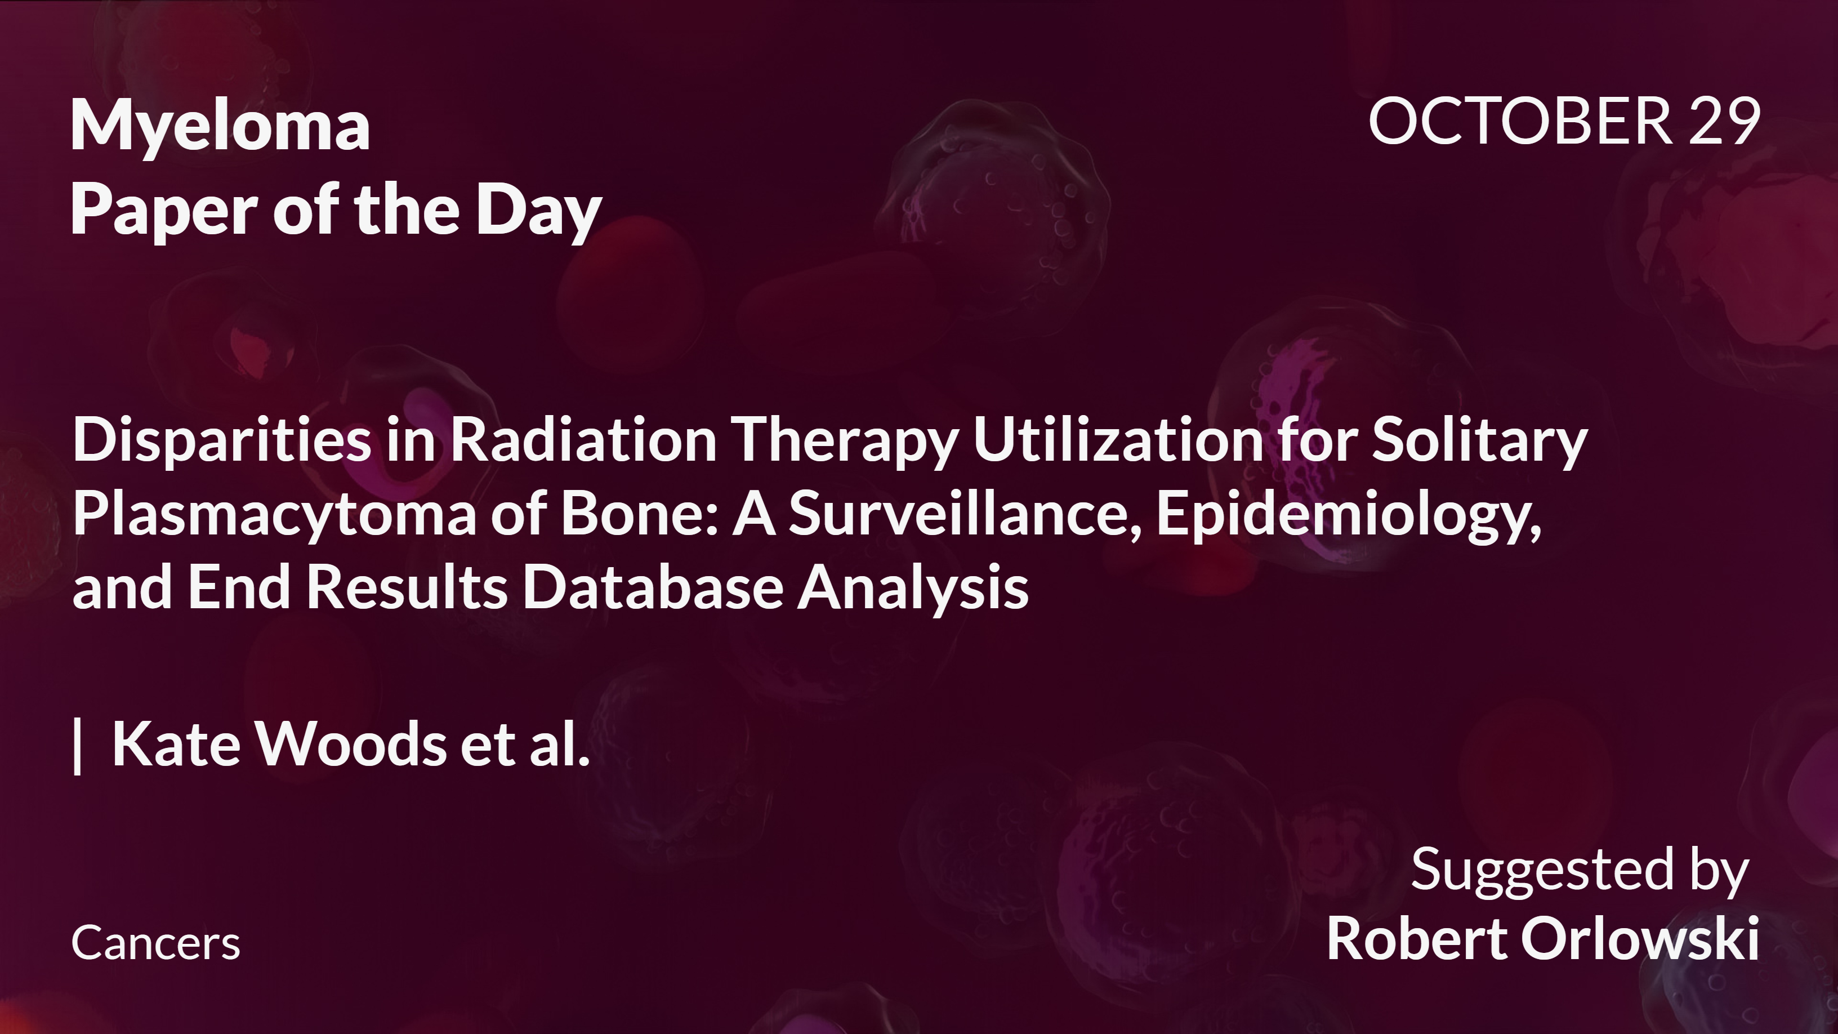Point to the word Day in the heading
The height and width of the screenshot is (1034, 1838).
(539, 211)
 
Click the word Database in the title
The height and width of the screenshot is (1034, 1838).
(653, 587)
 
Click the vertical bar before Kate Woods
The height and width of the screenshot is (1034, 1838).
(78, 745)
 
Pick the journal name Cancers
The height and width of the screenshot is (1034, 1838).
(155, 943)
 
